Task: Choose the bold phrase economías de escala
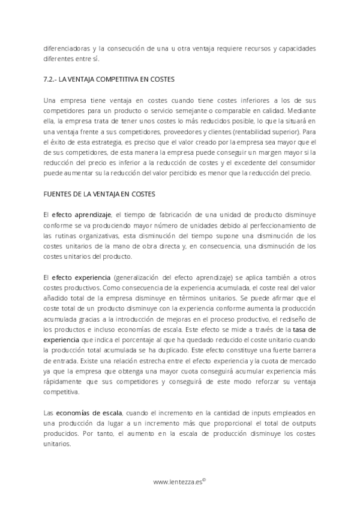89,412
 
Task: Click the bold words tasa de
304,330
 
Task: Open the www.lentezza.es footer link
177,481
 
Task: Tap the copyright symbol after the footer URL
204,479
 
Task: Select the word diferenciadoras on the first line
67,48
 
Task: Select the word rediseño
296,319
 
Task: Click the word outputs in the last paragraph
304,423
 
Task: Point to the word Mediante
302,110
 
